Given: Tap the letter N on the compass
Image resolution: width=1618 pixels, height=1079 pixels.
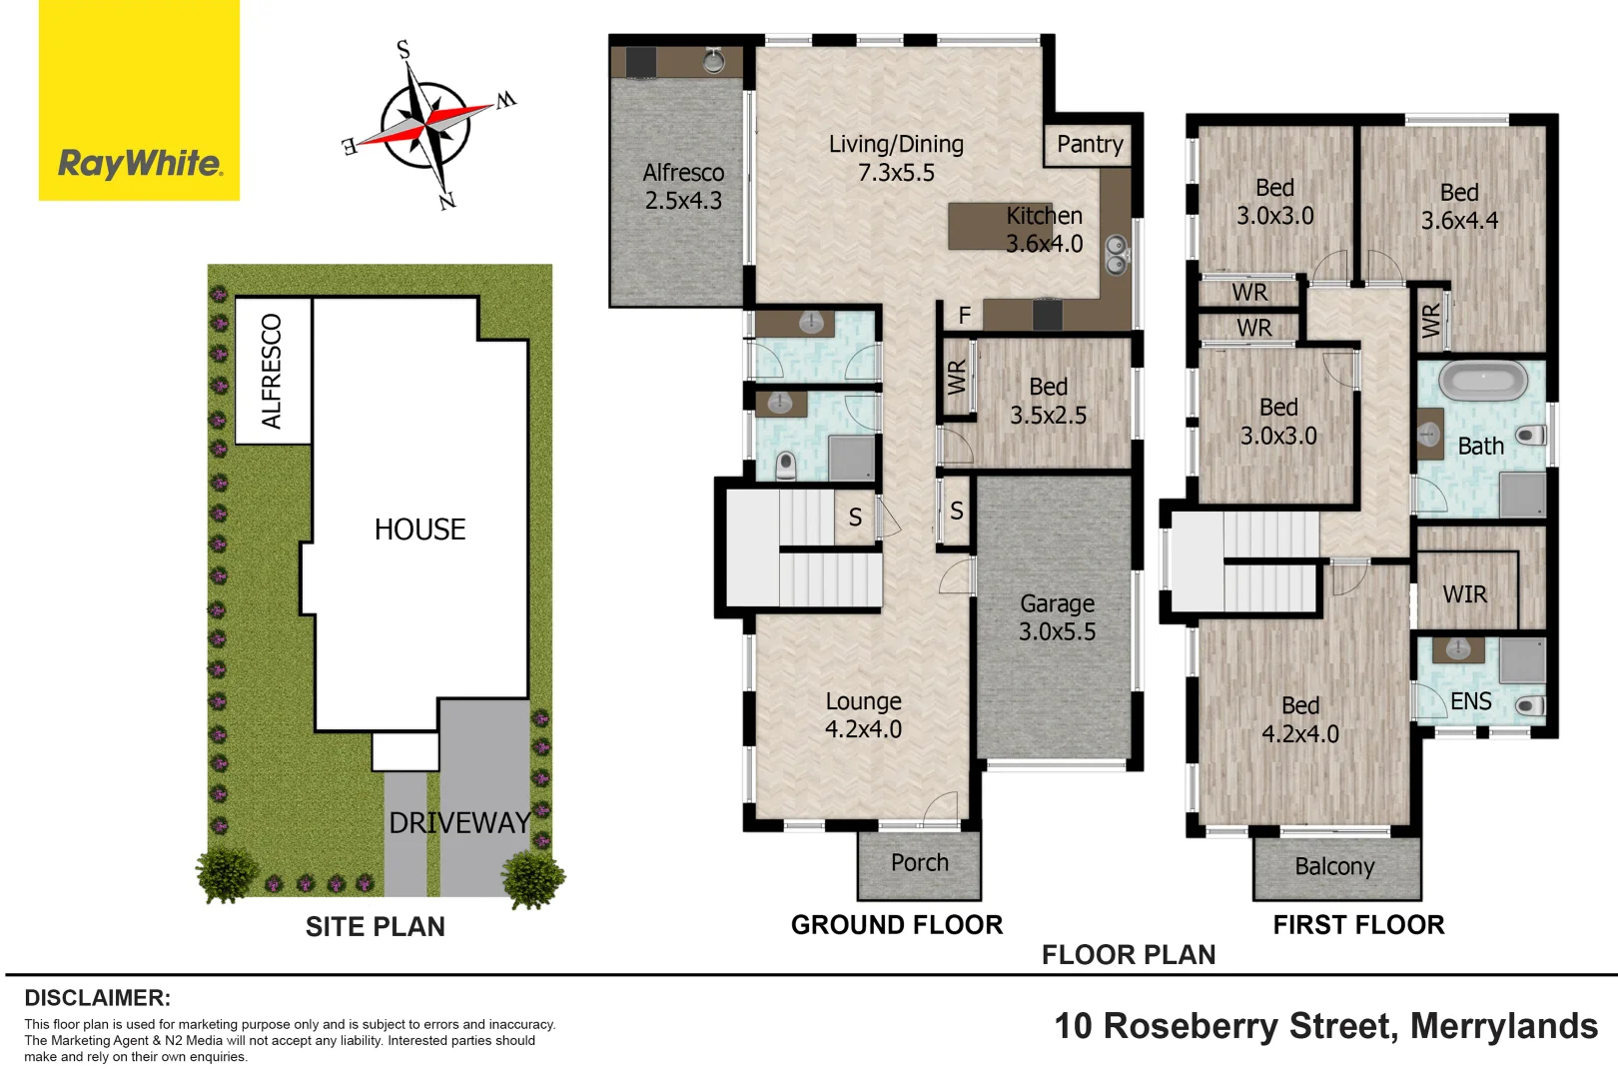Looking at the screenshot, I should pos(446,201).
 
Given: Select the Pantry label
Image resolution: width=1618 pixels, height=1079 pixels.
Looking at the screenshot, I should pos(1090,145).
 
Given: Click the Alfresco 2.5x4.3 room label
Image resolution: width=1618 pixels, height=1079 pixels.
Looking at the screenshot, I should pos(683,187).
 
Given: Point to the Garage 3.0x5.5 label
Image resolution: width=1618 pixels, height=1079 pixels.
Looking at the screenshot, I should pos(1057,617).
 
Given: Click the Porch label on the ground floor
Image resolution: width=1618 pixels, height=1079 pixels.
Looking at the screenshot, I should pos(919,862).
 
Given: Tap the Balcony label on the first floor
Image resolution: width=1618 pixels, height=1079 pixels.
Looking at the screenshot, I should pos(1334,866).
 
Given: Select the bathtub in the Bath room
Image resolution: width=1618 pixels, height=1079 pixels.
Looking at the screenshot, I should pos(1483,381).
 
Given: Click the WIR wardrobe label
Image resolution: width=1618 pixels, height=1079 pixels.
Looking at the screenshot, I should pos(1464,594).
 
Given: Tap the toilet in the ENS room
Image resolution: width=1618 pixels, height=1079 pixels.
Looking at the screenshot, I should pos(1529,706).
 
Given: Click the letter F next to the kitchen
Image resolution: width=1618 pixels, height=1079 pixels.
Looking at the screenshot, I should pos(964,316).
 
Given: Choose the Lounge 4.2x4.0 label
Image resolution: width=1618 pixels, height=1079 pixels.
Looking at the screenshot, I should pos(863,715).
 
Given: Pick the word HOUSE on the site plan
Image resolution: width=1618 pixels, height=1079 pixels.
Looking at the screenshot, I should pos(419,530).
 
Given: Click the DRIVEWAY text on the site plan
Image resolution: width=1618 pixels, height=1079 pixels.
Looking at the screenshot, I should pos(459,823).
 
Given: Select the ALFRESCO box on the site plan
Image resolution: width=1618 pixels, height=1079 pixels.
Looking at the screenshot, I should pos(272,371).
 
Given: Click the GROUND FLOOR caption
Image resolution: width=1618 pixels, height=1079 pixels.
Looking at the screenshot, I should pos(896,925).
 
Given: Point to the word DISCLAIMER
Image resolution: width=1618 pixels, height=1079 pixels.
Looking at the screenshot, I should pos(97,998).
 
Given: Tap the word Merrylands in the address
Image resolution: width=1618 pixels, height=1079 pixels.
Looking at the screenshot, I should pos(1503,1026).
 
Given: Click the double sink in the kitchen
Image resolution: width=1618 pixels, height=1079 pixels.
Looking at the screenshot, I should pos(1116,255).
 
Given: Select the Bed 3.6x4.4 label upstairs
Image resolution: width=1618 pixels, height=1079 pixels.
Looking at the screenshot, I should pos(1459,207).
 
